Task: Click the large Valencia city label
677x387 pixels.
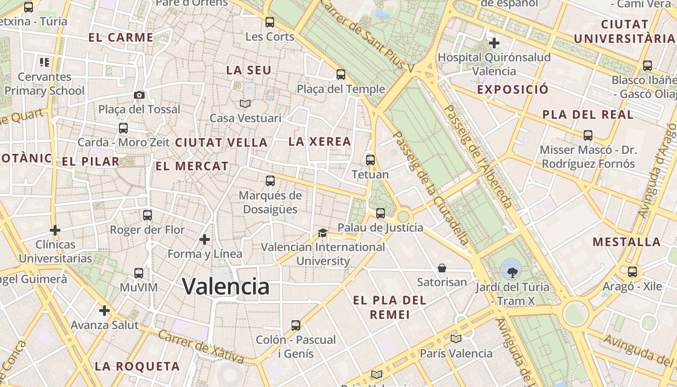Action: click(x=225, y=286)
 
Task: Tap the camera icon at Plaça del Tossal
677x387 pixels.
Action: click(x=139, y=95)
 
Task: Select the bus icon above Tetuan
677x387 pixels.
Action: click(x=370, y=160)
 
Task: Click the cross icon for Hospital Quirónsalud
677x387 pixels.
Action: click(x=494, y=43)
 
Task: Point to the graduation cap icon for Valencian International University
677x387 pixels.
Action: click(x=323, y=233)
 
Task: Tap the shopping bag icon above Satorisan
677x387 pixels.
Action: click(x=442, y=268)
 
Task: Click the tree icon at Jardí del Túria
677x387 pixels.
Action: click(x=512, y=268)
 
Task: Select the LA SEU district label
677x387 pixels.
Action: click(x=249, y=70)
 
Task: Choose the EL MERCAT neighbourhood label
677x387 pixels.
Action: click(x=191, y=166)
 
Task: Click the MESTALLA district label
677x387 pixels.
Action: click(x=626, y=242)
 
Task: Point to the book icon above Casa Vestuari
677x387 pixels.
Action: click(x=245, y=104)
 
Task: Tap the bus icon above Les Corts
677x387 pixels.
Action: click(x=270, y=22)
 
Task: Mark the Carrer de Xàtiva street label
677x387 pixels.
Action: click(x=201, y=347)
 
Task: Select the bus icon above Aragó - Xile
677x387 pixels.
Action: click(x=632, y=272)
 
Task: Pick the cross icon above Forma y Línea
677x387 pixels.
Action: click(x=205, y=239)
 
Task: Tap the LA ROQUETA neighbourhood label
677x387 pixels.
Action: click(x=137, y=366)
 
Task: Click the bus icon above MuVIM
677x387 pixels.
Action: click(x=139, y=273)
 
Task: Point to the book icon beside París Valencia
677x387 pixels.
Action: click(x=456, y=339)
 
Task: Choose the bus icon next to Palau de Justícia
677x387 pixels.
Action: click(x=381, y=213)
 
